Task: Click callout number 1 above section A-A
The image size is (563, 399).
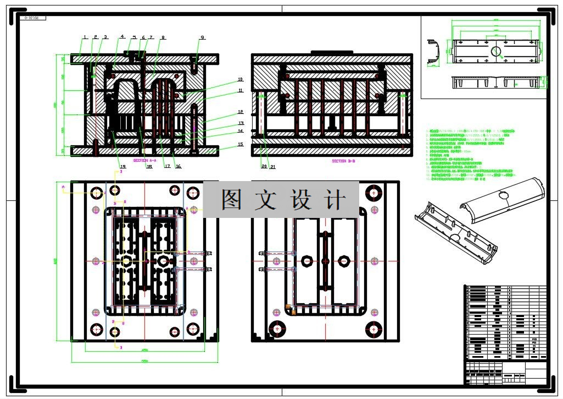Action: click(85, 37)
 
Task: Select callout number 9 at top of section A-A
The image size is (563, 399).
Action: click(203, 37)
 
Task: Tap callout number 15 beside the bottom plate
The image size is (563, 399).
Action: click(240, 145)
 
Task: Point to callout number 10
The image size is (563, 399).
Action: click(240, 79)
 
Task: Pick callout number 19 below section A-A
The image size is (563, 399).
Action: click(122, 166)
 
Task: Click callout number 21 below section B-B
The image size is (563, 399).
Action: click(272, 166)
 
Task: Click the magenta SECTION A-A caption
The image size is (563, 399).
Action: click(145, 160)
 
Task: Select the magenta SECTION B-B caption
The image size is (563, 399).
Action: click(343, 161)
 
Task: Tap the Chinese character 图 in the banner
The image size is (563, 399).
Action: click(231, 199)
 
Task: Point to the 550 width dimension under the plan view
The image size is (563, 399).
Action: click(146, 361)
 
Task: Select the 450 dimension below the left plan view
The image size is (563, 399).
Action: click(146, 350)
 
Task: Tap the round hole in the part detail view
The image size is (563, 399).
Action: click(496, 52)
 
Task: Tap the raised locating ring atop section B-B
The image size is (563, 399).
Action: click(331, 52)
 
